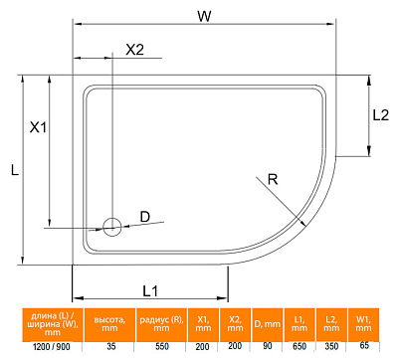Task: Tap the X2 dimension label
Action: pos(135,50)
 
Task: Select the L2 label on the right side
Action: pos(380,114)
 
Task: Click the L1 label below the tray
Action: pos(150,290)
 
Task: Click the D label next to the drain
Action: pos(144,217)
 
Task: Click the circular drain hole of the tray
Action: pos(112,227)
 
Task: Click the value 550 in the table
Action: pos(160,345)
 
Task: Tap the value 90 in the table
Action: pos(266,345)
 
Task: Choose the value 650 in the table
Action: pos(298,345)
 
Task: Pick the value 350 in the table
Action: pos(331,345)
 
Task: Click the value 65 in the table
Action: pos(365,345)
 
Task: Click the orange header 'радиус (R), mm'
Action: pos(160,323)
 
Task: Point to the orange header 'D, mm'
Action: pos(266,323)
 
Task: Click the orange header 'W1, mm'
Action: pos(365,323)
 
